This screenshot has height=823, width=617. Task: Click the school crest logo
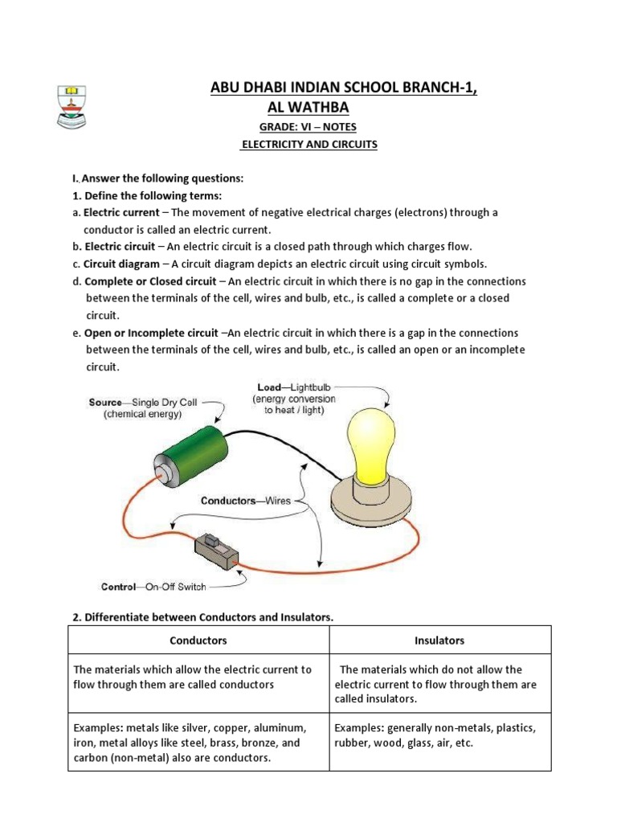[x=72, y=106]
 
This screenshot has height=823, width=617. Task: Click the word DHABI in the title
[x=270, y=88]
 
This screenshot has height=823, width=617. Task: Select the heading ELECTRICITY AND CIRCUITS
[x=309, y=145]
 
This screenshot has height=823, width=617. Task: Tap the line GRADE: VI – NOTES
[x=308, y=127]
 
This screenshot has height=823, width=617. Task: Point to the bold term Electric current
[x=121, y=213]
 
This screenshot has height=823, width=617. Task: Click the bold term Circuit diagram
[x=122, y=264]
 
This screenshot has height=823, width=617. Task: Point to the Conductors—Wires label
[x=245, y=501]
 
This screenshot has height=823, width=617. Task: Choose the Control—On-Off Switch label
[x=153, y=587]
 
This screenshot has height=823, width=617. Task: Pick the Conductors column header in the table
[x=198, y=641]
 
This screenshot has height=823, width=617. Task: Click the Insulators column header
[x=439, y=641]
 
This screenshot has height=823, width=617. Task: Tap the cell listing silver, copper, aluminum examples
[x=198, y=743]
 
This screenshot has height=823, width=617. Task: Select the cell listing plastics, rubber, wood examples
[x=440, y=735]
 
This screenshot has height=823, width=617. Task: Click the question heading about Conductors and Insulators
[x=202, y=616]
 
